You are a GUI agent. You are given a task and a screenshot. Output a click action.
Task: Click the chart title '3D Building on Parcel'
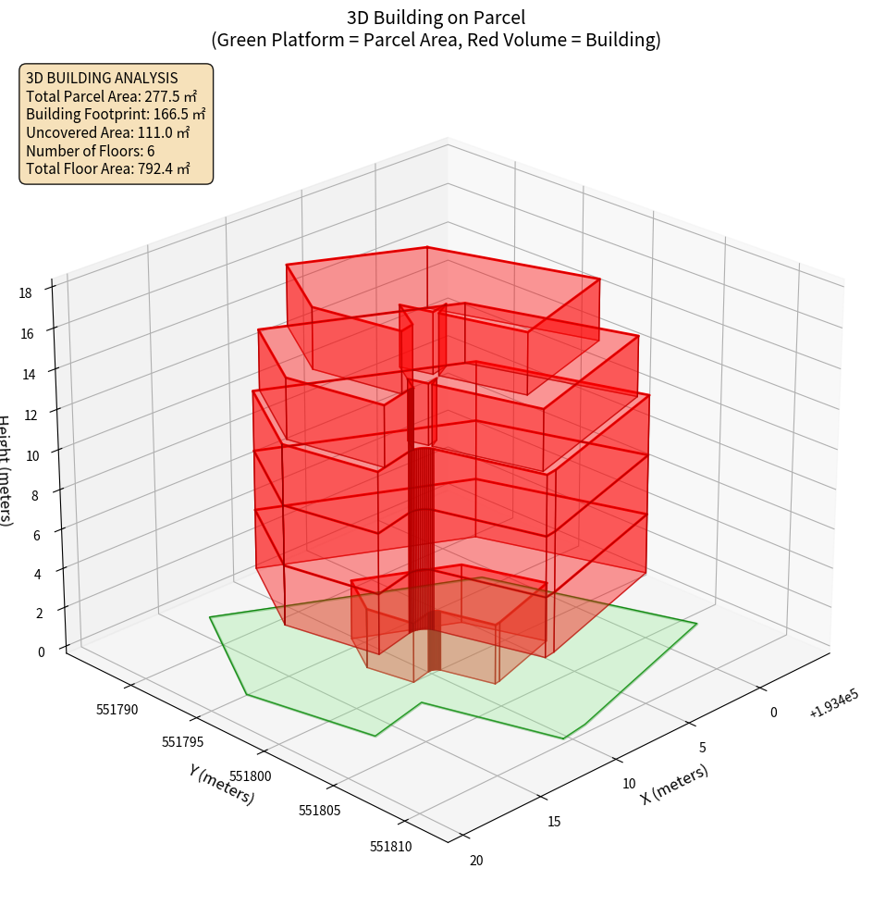point(436,17)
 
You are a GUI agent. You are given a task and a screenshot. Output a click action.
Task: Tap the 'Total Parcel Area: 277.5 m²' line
point(111,96)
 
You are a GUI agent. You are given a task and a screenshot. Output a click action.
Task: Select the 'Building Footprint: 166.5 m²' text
point(116,115)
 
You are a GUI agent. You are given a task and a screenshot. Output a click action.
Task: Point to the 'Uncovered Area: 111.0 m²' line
point(109,133)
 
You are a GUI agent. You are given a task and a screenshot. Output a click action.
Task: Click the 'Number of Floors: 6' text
point(90,152)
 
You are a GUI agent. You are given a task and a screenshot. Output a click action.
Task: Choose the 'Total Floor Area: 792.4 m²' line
point(108,169)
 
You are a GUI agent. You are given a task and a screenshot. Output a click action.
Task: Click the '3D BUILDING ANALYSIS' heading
point(102,78)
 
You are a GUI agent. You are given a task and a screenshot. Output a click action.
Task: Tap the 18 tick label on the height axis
point(25,293)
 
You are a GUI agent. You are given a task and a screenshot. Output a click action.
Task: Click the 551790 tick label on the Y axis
point(117,711)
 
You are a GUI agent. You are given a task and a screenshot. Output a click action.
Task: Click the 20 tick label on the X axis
point(476,861)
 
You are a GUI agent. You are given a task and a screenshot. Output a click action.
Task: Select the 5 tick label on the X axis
point(703,748)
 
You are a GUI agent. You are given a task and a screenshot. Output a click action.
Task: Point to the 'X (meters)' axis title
point(675,784)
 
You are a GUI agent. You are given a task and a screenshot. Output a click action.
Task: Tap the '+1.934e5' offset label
point(834,703)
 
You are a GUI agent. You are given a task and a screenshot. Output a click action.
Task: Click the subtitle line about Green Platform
point(436,40)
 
